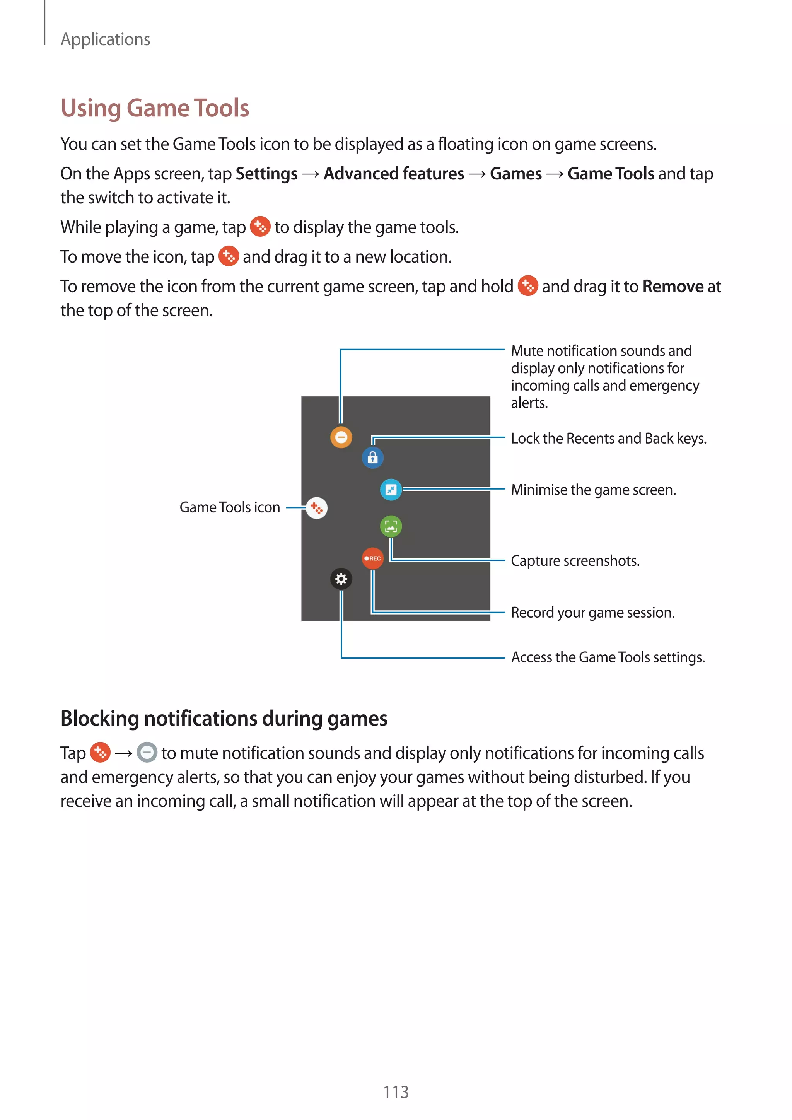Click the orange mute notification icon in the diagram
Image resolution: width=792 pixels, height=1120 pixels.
341,437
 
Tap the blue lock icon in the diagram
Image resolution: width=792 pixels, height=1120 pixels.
372,458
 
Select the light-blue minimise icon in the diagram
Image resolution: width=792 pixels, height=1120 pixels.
391,489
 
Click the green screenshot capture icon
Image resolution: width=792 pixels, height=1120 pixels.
391,526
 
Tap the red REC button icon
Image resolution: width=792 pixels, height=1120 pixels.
372,558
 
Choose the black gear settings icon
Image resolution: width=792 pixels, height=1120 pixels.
341,579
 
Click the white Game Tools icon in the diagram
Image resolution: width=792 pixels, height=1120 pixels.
316,508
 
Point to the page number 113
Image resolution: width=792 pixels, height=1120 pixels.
396,1092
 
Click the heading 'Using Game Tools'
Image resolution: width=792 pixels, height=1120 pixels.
155,108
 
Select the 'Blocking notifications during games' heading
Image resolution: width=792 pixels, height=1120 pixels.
224,719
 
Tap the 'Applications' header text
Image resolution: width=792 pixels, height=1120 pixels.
105,39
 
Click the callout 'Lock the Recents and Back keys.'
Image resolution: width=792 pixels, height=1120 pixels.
608,439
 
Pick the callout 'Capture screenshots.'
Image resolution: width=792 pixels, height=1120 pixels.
575,561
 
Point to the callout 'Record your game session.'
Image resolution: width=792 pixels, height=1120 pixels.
592,613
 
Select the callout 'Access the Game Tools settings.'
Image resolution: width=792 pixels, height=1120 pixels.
608,657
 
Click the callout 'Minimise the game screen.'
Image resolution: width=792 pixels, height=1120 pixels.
593,490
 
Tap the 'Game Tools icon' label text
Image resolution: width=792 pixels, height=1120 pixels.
230,507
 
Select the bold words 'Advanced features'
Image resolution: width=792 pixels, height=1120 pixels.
394,174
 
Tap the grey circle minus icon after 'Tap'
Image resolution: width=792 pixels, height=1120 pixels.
147,752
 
